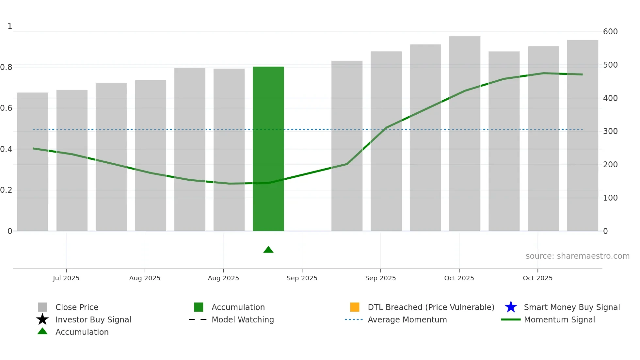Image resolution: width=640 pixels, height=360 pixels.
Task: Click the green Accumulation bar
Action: [x=268, y=149]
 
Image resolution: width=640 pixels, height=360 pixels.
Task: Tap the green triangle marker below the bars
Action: [x=268, y=250]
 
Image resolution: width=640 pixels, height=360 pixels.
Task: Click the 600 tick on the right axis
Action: [x=610, y=32]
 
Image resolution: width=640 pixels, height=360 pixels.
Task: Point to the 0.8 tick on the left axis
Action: [x=6, y=67]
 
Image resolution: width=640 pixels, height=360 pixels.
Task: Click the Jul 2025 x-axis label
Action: [x=66, y=278]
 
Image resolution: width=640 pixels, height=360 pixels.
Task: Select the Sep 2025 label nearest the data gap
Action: [x=302, y=278]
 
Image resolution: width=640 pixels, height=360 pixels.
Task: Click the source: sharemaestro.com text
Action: [x=577, y=256]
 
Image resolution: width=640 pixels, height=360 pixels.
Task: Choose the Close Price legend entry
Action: [x=77, y=307]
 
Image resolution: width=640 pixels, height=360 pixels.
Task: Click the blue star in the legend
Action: [x=511, y=307]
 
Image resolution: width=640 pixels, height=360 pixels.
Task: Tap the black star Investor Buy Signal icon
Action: [x=42, y=319]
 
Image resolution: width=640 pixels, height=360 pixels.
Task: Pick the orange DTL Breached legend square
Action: [x=355, y=307]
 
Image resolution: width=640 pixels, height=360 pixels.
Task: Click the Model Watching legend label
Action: [x=243, y=320]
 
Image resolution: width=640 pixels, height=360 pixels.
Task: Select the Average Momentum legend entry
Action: [x=407, y=320]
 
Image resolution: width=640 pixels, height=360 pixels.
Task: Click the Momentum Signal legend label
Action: [x=559, y=320]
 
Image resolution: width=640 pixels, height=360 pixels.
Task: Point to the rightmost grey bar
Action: [x=583, y=135]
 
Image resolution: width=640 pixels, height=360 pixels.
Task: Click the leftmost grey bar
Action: [x=33, y=162]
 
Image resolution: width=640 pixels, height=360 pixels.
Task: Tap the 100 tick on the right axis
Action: [x=610, y=198]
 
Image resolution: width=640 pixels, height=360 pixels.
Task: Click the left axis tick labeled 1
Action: [x=10, y=26]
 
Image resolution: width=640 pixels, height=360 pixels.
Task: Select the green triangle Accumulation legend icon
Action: [x=42, y=331]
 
